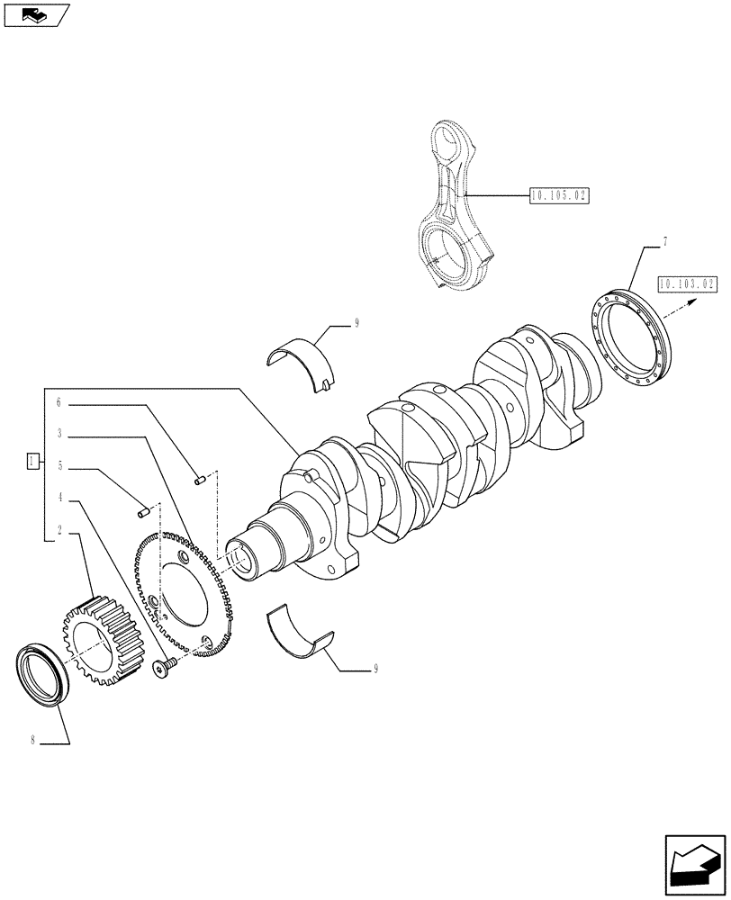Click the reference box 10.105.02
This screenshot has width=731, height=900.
click(559, 195)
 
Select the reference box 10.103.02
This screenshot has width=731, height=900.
click(687, 285)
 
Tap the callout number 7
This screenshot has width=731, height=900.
click(664, 242)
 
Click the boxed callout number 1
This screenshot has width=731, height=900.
click(33, 462)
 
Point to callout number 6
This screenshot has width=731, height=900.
click(59, 402)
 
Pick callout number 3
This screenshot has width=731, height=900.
click(59, 434)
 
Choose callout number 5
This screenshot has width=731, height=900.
click(59, 466)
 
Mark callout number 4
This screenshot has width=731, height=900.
click(59, 498)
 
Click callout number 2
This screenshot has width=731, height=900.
click(59, 530)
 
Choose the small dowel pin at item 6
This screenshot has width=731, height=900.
click(202, 480)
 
